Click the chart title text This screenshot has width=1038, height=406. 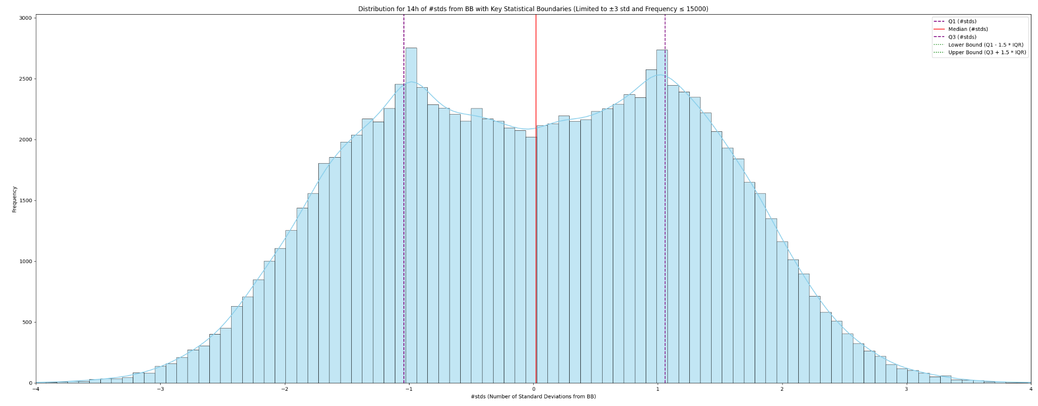533,9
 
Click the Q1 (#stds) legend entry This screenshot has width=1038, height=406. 962,21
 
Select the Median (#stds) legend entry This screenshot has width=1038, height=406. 968,29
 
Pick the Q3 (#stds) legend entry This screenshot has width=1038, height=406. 962,37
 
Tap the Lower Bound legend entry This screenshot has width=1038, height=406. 985,45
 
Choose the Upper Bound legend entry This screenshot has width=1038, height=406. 987,52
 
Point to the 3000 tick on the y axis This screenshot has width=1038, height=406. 26,18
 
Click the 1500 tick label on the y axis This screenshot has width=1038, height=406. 26,201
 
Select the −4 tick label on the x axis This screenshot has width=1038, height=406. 35,389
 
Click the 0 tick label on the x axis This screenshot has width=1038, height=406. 533,389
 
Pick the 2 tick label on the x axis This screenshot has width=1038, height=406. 782,389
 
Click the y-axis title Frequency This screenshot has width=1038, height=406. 15,199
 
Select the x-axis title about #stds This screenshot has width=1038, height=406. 533,396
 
